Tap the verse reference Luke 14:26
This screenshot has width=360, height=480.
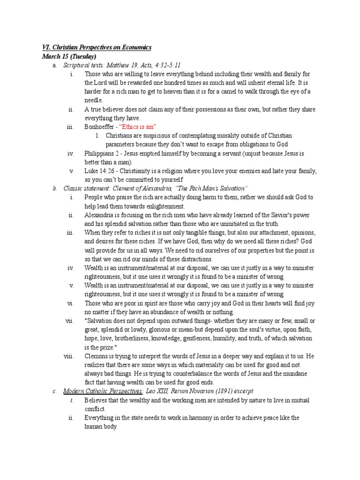point(99,171)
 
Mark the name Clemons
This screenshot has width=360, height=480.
point(97,356)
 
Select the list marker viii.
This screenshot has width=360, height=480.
point(68,356)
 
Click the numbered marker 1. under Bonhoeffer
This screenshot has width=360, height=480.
point(97,135)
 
